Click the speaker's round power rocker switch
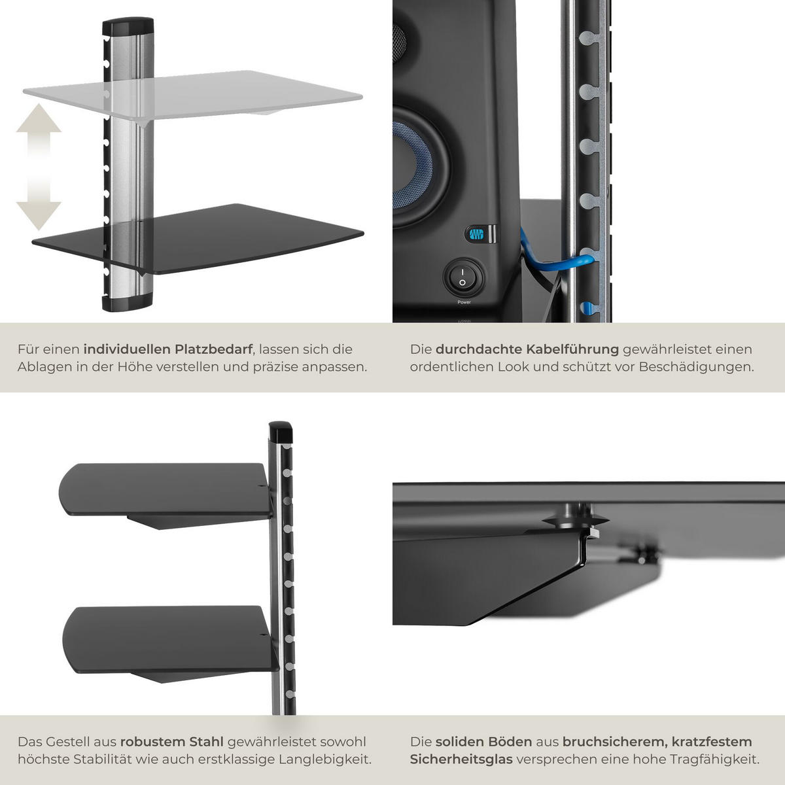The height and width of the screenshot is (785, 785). coord(462,278)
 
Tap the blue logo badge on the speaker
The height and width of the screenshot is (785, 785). coord(477,234)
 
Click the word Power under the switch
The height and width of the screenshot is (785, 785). coord(464,302)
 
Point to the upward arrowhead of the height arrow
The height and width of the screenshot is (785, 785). coord(39,118)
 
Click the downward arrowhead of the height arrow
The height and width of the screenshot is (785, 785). coord(39,215)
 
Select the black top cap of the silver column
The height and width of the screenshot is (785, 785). coord(128,26)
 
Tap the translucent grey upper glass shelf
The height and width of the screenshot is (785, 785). coord(193,95)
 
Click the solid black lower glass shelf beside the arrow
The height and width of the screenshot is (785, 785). coord(198,239)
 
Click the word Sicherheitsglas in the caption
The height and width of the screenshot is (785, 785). coord(461,759)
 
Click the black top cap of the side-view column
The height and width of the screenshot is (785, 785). coord(281,432)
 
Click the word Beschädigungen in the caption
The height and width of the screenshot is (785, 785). coord(697,367)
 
